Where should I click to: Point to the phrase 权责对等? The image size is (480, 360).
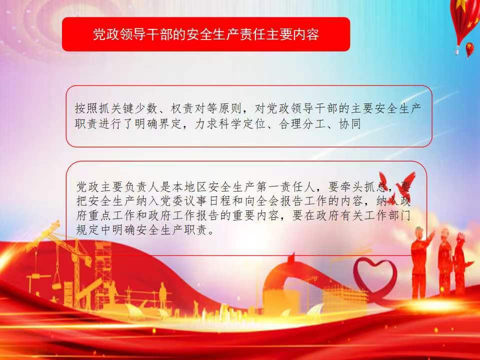(193, 108)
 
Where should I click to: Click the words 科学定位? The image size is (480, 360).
(242, 124)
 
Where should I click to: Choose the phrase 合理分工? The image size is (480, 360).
(302, 124)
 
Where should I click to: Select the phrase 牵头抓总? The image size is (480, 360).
(364, 186)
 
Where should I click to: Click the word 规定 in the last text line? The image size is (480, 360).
(88, 230)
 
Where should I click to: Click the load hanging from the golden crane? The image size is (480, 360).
(57, 283)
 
